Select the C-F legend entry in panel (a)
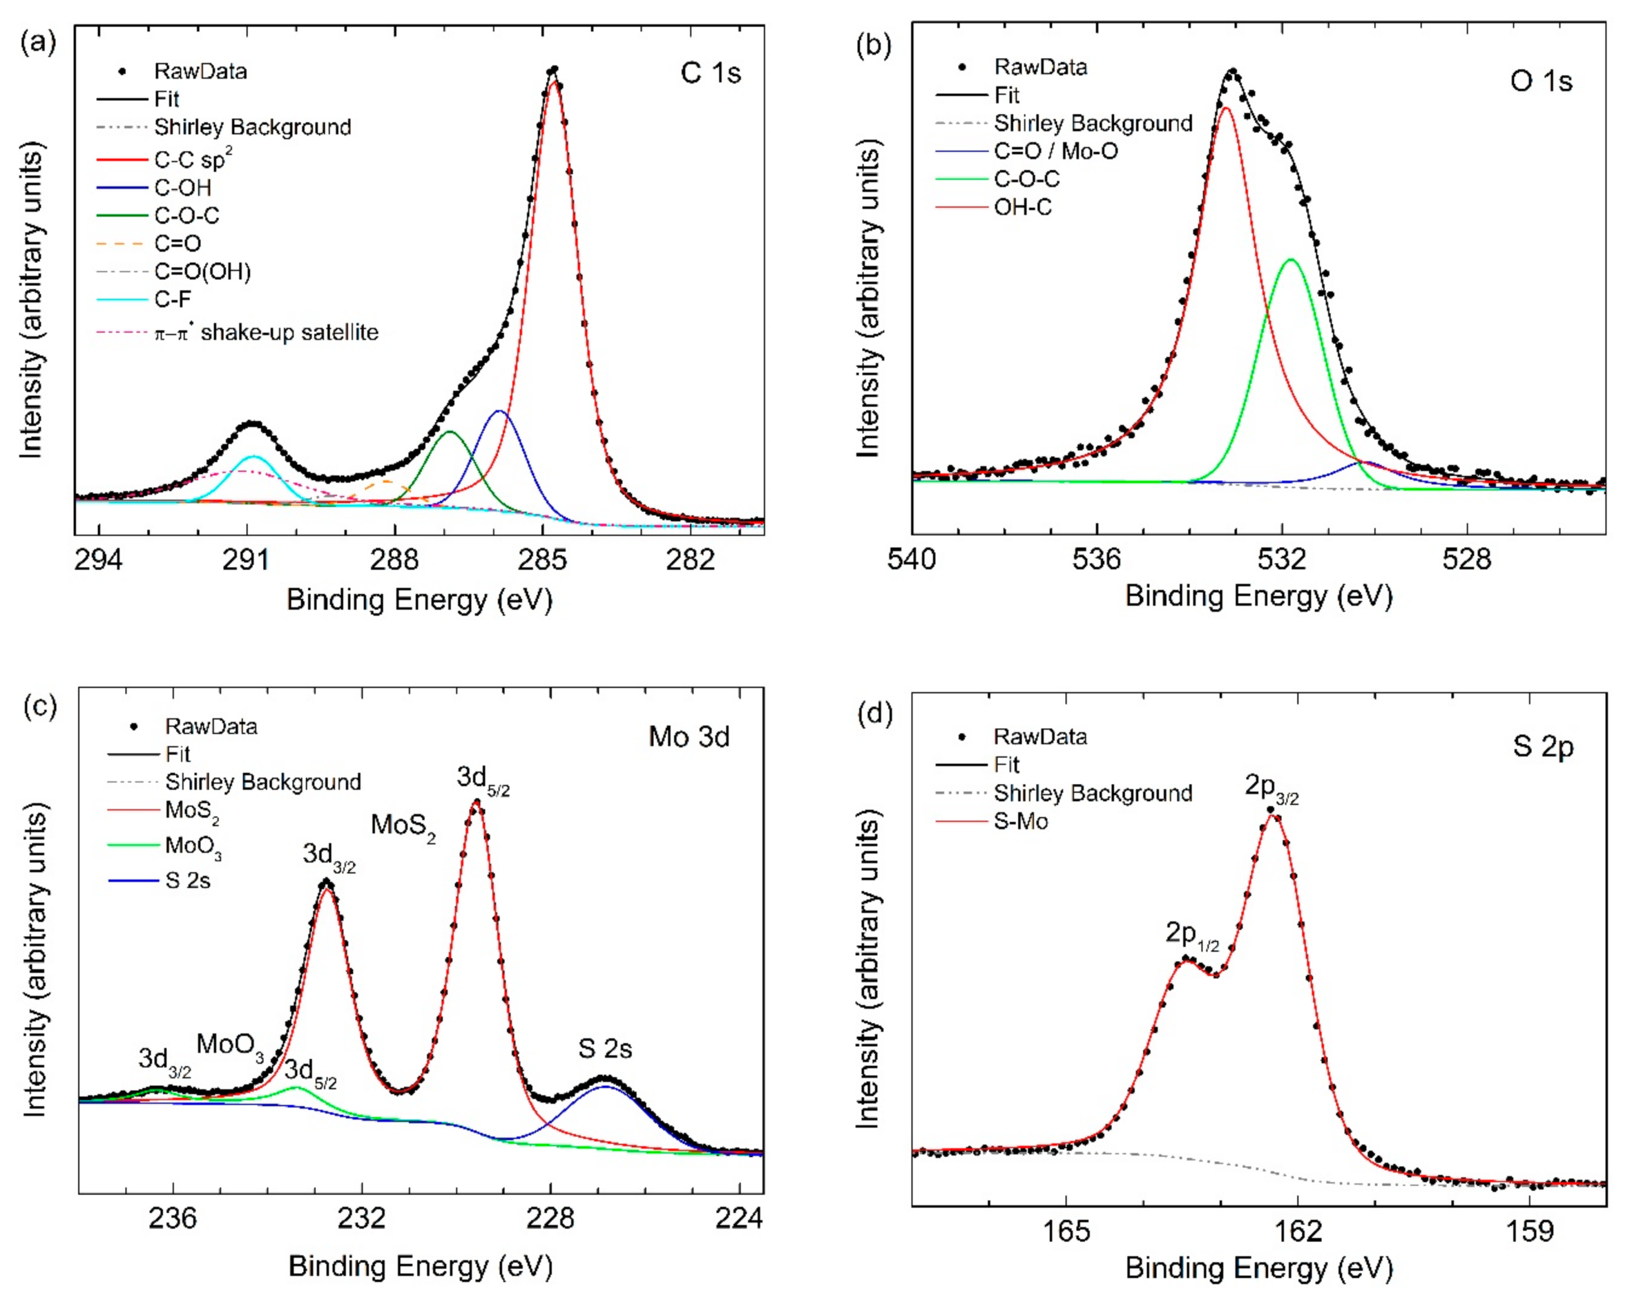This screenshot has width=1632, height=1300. point(172,300)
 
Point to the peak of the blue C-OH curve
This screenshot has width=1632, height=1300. point(499,412)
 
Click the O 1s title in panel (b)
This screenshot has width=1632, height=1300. point(1540,80)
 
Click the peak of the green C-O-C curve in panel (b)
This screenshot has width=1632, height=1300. point(1291,261)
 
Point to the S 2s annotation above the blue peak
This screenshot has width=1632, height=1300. point(604,1048)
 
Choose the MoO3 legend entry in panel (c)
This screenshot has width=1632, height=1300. point(194,846)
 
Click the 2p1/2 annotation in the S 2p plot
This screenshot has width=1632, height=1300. point(1191,935)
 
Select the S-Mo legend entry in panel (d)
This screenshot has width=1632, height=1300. point(1020,821)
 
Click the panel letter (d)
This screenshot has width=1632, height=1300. point(874,712)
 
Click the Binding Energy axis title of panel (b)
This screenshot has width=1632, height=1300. point(1258,596)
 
